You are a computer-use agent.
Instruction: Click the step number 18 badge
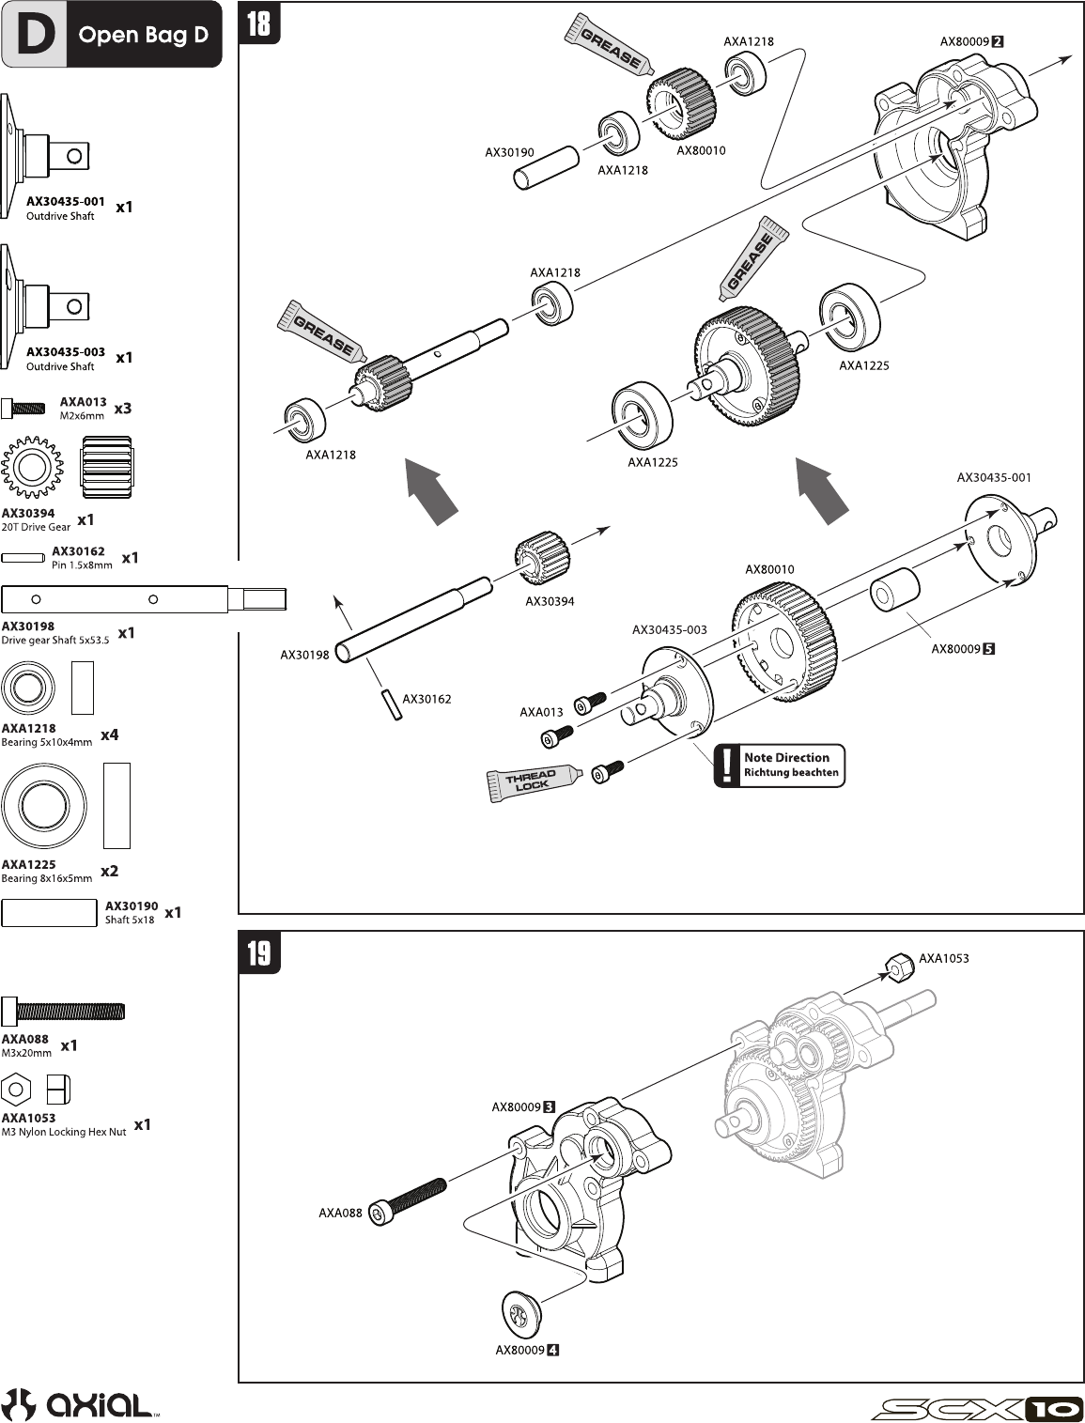tap(258, 23)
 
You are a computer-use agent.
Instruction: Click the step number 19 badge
tap(258, 952)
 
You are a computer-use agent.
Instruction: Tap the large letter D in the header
tap(36, 35)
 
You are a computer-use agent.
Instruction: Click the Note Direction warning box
tap(780, 765)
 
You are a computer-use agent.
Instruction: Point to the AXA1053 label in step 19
tap(943, 958)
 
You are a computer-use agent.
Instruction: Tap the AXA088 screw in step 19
tap(408, 1201)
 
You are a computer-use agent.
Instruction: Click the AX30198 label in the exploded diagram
tap(304, 655)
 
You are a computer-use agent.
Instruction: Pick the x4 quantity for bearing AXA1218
tap(110, 735)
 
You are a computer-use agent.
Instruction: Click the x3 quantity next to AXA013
tap(123, 409)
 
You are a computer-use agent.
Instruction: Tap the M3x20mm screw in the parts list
tap(63, 1012)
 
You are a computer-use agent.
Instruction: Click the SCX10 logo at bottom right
tap(977, 1408)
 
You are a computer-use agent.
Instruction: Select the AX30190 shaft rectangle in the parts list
tap(49, 912)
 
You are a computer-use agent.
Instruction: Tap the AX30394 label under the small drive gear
tap(550, 601)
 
